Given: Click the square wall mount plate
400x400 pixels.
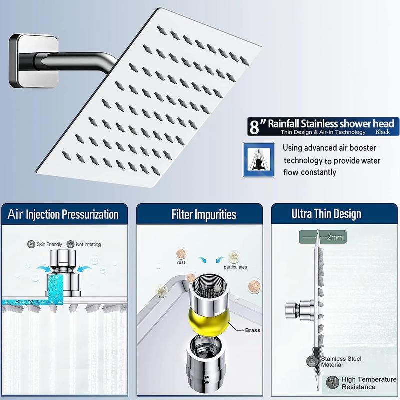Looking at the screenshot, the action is [33, 61].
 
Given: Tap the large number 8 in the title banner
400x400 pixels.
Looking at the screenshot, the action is [254, 127].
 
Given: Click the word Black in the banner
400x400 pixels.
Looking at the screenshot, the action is [382, 132].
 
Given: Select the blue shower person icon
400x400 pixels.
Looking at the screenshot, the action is [259, 160].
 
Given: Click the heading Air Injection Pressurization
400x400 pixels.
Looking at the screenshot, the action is [63, 214].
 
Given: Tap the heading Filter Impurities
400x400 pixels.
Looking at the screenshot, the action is [204, 214].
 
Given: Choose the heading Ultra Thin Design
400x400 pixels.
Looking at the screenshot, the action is [326, 214].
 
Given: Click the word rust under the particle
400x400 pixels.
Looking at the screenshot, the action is [181, 262].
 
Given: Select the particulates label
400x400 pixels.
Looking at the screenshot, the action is [235, 267].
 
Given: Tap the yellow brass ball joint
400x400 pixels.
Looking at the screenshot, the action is [209, 320].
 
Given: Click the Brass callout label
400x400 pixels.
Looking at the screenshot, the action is [253, 330].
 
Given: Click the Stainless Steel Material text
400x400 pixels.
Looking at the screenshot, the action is [341, 362].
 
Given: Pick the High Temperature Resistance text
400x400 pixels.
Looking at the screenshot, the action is [369, 383].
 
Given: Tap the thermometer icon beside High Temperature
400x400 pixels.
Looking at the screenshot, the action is [332, 382].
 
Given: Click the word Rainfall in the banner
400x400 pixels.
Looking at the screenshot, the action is [283, 123].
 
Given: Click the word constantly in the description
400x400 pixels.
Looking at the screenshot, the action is [318, 172].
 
